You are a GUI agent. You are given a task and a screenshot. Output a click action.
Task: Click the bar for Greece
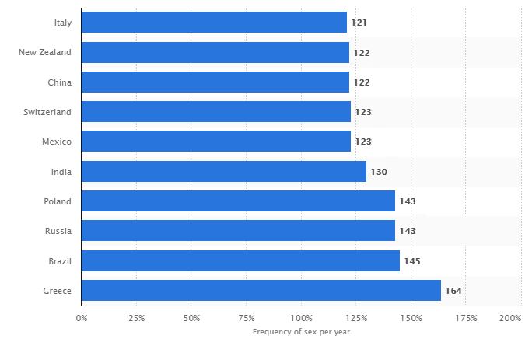click(261, 291)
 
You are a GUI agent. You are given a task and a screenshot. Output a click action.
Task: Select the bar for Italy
click(214, 23)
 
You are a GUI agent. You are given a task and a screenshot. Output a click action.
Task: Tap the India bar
click(223, 172)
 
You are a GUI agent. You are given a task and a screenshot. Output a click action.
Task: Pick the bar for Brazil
click(240, 261)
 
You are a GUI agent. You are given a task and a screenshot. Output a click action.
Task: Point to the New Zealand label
click(45, 52)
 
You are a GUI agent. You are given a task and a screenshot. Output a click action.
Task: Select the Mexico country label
click(57, 142)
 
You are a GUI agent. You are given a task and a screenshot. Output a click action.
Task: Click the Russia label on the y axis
click(58, 231)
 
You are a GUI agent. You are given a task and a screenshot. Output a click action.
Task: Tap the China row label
click(59, 82)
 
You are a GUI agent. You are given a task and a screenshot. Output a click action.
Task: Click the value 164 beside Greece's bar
click(453, 292)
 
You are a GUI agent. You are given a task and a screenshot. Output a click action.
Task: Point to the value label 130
click(379, 172)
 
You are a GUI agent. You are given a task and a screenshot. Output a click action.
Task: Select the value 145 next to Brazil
click(412, 261)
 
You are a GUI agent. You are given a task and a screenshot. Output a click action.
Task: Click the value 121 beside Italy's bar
click(359, 23)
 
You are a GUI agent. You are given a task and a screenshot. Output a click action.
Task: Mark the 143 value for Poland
click(408, 201)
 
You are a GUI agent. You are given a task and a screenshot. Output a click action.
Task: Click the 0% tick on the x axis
click(81, 318)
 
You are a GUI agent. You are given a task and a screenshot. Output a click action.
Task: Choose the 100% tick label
click(302, 318)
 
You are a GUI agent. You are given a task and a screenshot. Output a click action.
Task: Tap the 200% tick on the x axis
click(510, 318)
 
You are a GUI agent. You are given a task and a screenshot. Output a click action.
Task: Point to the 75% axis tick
click(247, 318)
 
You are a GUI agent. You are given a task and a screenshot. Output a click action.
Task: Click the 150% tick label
click(412, 318)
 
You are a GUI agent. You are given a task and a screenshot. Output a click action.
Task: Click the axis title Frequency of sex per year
click(301, 332)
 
